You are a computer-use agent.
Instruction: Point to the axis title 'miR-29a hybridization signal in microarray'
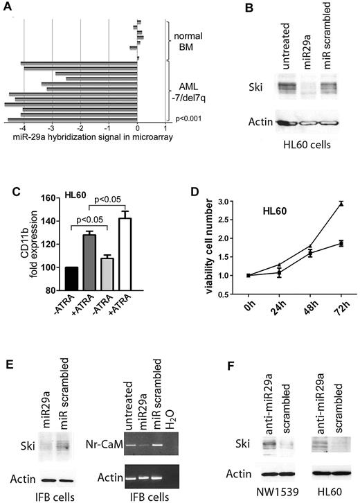pos(89,136)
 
